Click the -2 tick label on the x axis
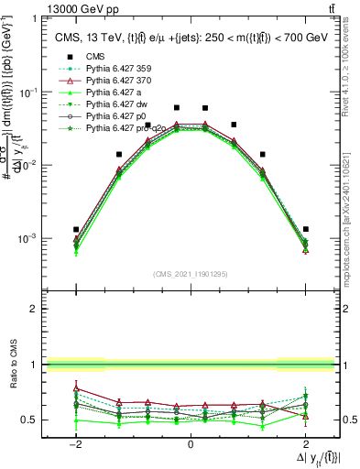click(77, 444)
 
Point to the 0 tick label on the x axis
click(191, 444)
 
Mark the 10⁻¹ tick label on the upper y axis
click(27, 93)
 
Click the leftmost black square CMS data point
click(77, 229)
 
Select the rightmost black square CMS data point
click(305, 229)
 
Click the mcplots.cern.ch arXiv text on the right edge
click(352, 211)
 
